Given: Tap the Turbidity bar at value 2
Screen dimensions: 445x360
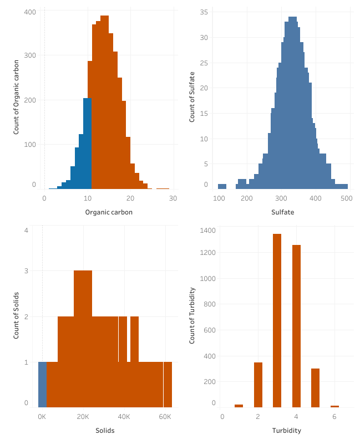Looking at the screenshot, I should pyautogui.click(x=258, y=385).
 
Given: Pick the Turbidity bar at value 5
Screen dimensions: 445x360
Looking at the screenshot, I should pyautogui.click(x=315, y=387).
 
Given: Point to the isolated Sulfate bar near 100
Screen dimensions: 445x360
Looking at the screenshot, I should pyautogui.click(x=222, y=186).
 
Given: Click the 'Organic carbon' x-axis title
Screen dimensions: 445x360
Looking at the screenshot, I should pyautogui.click(x=109, y=212).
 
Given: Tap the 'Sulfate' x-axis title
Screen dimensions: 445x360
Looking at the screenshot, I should pyautogui.click(x=282, y=212).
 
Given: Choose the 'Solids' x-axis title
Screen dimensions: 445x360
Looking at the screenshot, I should pyautogui.click(x=105, y=431).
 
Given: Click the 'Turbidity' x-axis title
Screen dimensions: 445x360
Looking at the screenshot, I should pyautogui.click(x=287, y=431).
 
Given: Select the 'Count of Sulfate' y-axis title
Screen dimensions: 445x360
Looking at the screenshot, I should pyautogui.click(x=192, y=97).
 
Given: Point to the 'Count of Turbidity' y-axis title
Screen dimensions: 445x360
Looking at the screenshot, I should pyautogui.click(x=192, y=315).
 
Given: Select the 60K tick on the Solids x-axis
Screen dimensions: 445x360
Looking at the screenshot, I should pyautogui.click(x=165, y=416).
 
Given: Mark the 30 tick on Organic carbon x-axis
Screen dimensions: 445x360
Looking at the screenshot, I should pyautogui.click(x=173, y=198).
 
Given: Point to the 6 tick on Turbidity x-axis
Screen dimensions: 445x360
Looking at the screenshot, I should pyautogui.click(x=334, y=416).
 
